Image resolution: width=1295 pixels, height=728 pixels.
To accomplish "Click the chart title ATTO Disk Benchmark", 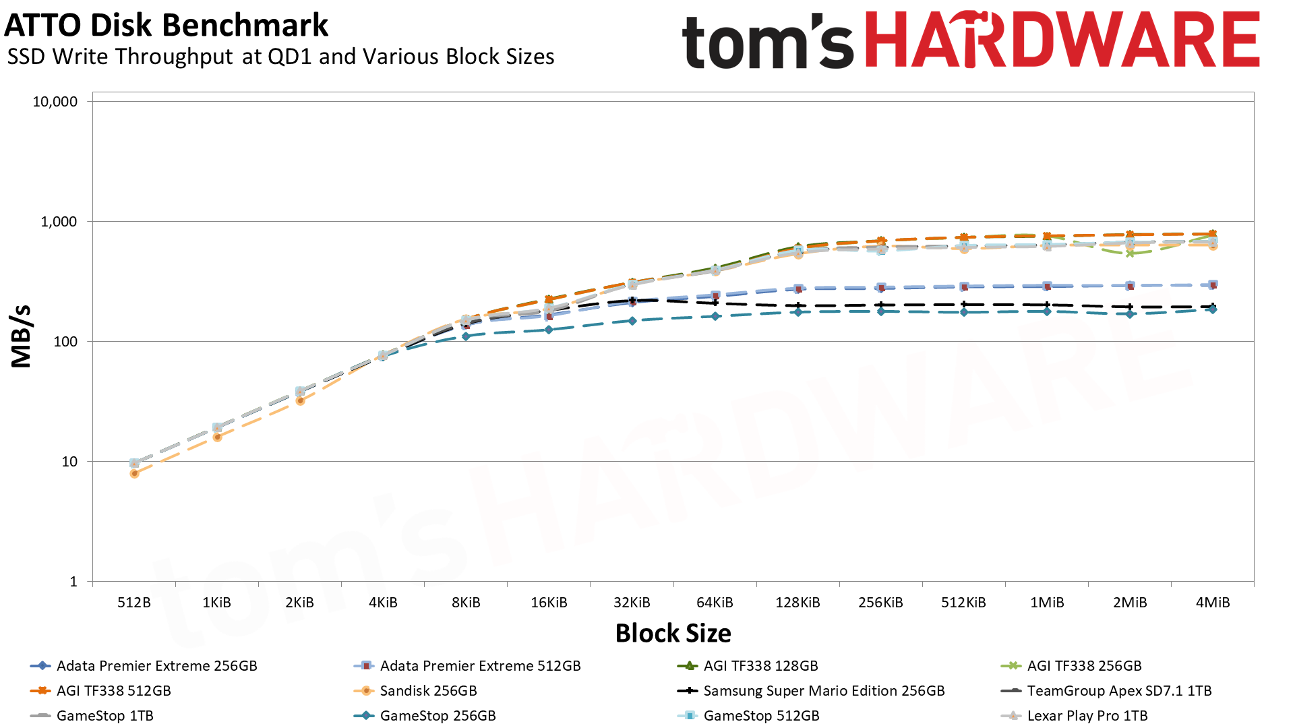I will [x=166, y=26].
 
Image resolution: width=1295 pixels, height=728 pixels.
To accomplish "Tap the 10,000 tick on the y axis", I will [x=55, y=102].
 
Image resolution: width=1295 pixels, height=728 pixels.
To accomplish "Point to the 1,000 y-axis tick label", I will [x=59, y=222].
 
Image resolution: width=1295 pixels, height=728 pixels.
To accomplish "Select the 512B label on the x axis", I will [x=133, y=603].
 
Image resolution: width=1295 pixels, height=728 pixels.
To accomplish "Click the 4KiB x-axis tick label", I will [x=383, y=603].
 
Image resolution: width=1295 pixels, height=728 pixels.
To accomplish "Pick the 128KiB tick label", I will [x=797, y=603].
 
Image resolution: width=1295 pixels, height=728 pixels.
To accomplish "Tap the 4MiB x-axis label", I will [x=1212, y=603].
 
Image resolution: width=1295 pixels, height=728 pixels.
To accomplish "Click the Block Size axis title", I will [x=673, y=634].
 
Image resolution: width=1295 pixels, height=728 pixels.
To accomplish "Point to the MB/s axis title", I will [x=22, y=336].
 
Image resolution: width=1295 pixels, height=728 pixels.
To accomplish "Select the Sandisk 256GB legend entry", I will [x=428, y=691].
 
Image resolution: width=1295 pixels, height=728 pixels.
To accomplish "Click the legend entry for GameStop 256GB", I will [x=438, y=716].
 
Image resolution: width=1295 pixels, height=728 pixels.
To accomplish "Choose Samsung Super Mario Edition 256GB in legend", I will [x=824, y=691].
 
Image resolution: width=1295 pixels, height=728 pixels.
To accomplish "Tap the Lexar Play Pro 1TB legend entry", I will [x=1087, y=716].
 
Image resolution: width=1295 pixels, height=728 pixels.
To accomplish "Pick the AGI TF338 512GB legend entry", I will [x=113, y=691].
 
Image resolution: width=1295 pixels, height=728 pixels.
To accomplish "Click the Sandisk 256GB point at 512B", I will [x=134, y=474].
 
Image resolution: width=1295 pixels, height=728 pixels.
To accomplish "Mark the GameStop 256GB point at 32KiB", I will [x=632, y=321].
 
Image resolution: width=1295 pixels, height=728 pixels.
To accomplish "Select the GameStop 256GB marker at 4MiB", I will [x=1213, y=309].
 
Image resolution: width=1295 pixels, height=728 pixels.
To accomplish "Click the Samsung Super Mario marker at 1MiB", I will [x=1047, y=305].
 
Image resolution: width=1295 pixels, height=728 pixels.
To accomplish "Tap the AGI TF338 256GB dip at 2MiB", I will [x=1130, y=253].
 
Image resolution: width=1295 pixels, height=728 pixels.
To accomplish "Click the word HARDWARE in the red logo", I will [x=1062, y=40].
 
